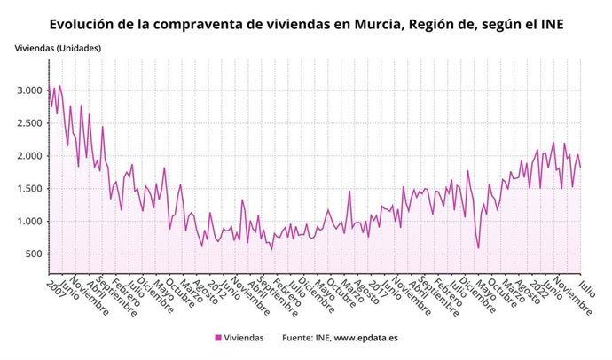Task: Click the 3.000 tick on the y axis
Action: [28, 90]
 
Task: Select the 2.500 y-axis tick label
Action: [28, 123]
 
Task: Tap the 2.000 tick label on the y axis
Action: [28, 156]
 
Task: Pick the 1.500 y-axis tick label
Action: [28, 189]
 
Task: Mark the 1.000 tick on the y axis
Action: [28, 222]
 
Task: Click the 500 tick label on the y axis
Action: [33, 254]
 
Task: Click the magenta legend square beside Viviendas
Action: [218, 338]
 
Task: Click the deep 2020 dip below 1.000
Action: [478, 247]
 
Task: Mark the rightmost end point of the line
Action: [581, 167]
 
